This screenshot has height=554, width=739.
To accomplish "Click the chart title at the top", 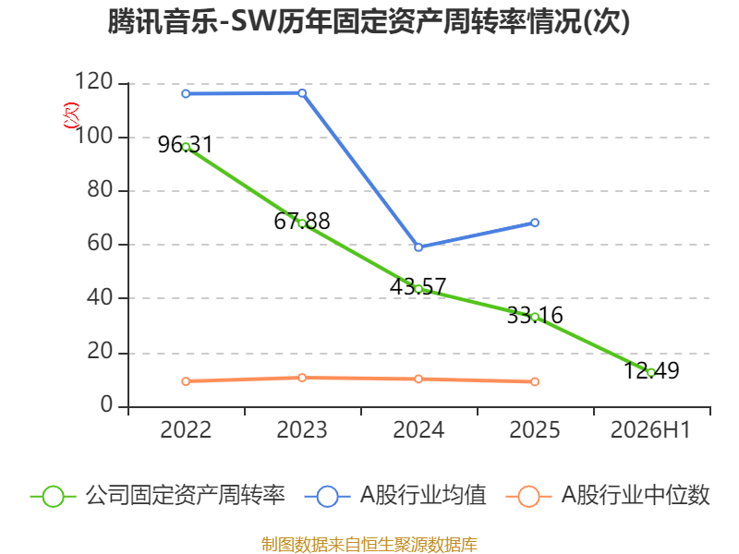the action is coord(369,21).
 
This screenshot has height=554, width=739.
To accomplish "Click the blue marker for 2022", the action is coord(186,94).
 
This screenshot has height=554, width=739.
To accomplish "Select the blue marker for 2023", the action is coord(302,93).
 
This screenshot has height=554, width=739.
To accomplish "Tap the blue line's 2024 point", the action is coord(418,247).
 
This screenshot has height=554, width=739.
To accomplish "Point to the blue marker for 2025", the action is coord(535,223).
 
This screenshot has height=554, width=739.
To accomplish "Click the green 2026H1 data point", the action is coord(651,373).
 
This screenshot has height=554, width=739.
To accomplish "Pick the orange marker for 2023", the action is coord(302,378).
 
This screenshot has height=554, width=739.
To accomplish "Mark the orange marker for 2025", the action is coord(535,381).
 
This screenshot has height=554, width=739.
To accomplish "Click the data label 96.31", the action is coord(186,145).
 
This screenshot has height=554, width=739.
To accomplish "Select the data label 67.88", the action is coord(302,222).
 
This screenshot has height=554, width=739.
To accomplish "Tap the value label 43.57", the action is coord(418,286).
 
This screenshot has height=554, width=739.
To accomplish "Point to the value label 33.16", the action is coord(535,315).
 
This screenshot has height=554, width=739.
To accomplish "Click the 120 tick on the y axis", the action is coord(94,81).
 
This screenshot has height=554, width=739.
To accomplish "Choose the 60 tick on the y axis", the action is coord(100,243).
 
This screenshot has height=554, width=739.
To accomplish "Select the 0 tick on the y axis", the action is coord(107,404).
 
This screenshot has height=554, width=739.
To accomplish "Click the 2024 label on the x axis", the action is coord(418,430).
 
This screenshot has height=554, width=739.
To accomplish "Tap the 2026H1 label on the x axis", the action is coord(650,430).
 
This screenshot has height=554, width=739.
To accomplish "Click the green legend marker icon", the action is coord(53,497).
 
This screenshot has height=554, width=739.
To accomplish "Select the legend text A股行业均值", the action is coord(423,496).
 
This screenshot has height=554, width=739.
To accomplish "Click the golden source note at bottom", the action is coord(369,545).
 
